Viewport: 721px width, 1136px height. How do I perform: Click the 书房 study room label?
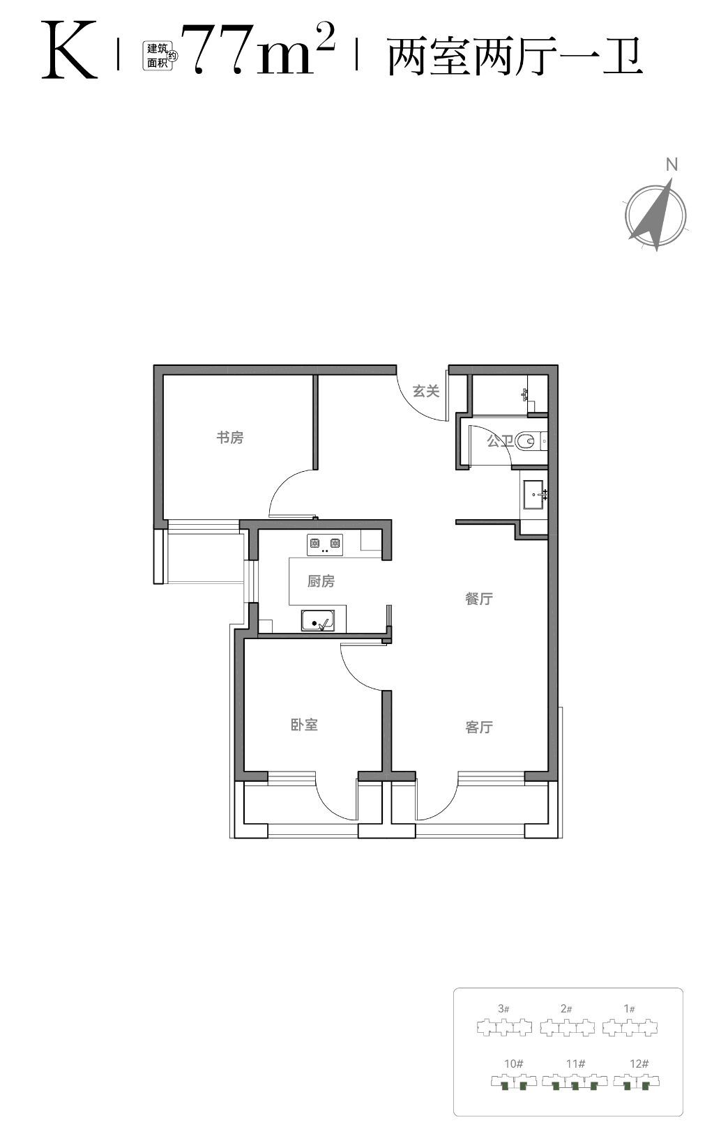pyautogui.click(x=230, y=437)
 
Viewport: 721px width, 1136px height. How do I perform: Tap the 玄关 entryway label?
pyautogui.click(x=426, y=391)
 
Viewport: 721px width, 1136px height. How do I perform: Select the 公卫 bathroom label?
pyautogui.click(x=500, y=440)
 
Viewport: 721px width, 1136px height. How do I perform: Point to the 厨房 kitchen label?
pyautogui.click(x=321, y=581)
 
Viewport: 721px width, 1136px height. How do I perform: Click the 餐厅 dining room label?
pyautogui.click(x=479, y=599)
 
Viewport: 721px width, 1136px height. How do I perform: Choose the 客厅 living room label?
pyautogui.click(x=479, y=727)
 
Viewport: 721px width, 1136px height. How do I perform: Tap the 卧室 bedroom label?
pyautogui.click(x=304, y=725)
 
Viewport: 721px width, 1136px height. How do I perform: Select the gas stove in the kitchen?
pyautogui.click(x=325, y=545)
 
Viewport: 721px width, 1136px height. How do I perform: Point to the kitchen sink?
pyautogui.click(x=318, y=620)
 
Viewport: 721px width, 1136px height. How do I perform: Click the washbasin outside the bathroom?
pyautogui.click(x=534, y=494)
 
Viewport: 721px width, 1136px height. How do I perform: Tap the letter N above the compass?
pyautogui.click(x=671, y=164)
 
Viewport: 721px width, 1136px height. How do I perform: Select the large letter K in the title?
pyautogui.click(x=70, y=49)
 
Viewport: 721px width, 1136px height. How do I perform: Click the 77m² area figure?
pyautogui.click(x=258, y=49)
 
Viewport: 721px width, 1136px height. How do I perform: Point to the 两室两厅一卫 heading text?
pyautogui.click(x=515, y=56)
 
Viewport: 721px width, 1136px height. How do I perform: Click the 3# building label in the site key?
pyautogui.click(x=503, y=1008)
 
